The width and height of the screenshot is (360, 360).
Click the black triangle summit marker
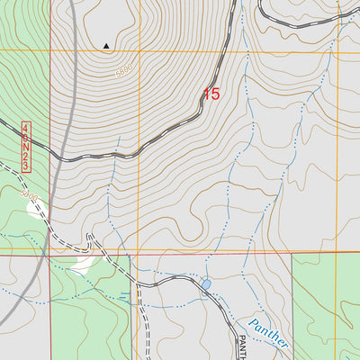[x=107, y=45]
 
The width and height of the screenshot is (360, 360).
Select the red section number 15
[x=211, y=93]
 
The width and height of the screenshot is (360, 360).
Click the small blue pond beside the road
[x=206, y=284]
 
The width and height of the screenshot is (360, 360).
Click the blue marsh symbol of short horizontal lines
[x=137, y=294]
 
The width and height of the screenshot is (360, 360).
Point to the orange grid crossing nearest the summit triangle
[x=138, y=51]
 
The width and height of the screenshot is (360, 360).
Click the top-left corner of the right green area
[x=293, y=254]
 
